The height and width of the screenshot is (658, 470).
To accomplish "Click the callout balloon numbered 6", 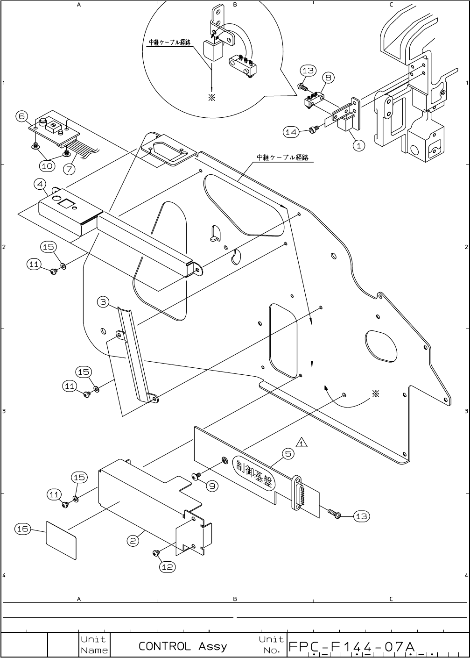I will click(x=22, y=116).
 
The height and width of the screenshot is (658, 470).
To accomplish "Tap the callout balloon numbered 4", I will click(x=40, y=184).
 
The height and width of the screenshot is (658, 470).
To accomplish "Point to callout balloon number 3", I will click(x=103, y=302).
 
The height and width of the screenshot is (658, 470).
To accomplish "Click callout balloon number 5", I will click(x=288, y=453).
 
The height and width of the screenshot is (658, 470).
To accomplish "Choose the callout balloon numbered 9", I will click(x=212, y=486).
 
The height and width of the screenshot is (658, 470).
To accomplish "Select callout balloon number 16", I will click(x=22, y=529).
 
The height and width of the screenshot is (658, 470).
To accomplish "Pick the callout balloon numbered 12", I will click(x=167, y=566).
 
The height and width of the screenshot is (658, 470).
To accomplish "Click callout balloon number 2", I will click(x=133, y=541).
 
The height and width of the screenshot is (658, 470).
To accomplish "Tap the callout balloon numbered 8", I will click(x=328, y=78).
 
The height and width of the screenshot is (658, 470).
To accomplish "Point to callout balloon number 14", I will click(x=291, y=132).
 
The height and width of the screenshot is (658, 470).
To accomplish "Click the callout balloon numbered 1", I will click(x=358, y=145).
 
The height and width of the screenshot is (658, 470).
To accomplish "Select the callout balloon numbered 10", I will click(x=47, y=165).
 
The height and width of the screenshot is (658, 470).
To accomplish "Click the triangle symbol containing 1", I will click(x=302, y=442).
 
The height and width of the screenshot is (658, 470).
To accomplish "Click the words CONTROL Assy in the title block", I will click(x=182, y=646).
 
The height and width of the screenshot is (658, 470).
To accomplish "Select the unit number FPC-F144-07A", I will click(x=351, y=647).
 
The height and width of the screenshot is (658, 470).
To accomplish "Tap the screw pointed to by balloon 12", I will click(x=156, y=554).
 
